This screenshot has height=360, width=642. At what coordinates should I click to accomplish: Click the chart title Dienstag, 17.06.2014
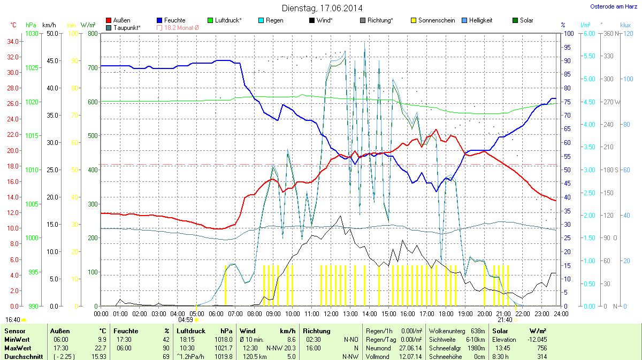click(x=322, y=8)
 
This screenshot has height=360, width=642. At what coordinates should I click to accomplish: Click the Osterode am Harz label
click(x=610, y=6)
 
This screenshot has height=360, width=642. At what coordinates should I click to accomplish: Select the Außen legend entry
click(x=121, y=20)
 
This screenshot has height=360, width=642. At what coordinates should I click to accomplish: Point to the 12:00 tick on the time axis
click(x=331, y=313)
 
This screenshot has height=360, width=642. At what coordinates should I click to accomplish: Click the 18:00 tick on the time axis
click(x=446, y=313)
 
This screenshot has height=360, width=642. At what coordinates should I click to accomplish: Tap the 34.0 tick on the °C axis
click(x=12, y=41)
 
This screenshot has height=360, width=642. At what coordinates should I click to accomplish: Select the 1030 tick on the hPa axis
click(x=32, y=34)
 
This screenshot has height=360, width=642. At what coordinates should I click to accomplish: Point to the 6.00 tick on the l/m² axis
click(x=588, y=34)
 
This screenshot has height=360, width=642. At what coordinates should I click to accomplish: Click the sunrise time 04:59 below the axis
click(x=193, y=319)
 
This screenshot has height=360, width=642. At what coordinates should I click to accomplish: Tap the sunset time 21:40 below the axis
click(x=505, y=319)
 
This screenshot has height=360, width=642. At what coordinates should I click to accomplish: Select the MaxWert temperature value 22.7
click(x=100, y=348)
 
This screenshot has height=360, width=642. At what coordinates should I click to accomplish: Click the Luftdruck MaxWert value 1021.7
click(x=223, y=348)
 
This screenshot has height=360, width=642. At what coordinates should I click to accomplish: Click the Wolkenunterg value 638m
click(x=477, y=331)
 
